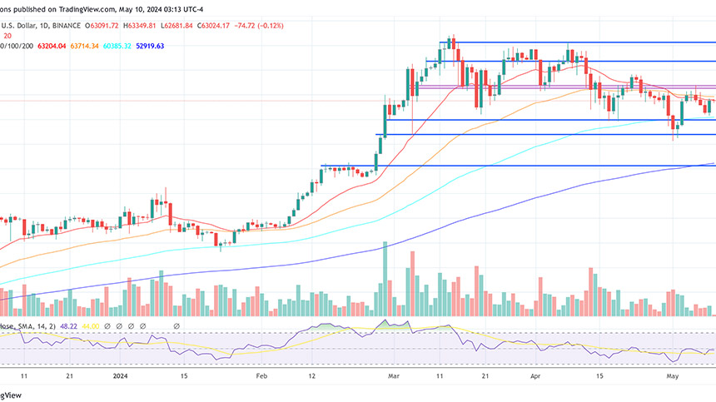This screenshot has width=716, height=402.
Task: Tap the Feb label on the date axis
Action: [261, 376]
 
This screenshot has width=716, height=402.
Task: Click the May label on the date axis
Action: [674, 376]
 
